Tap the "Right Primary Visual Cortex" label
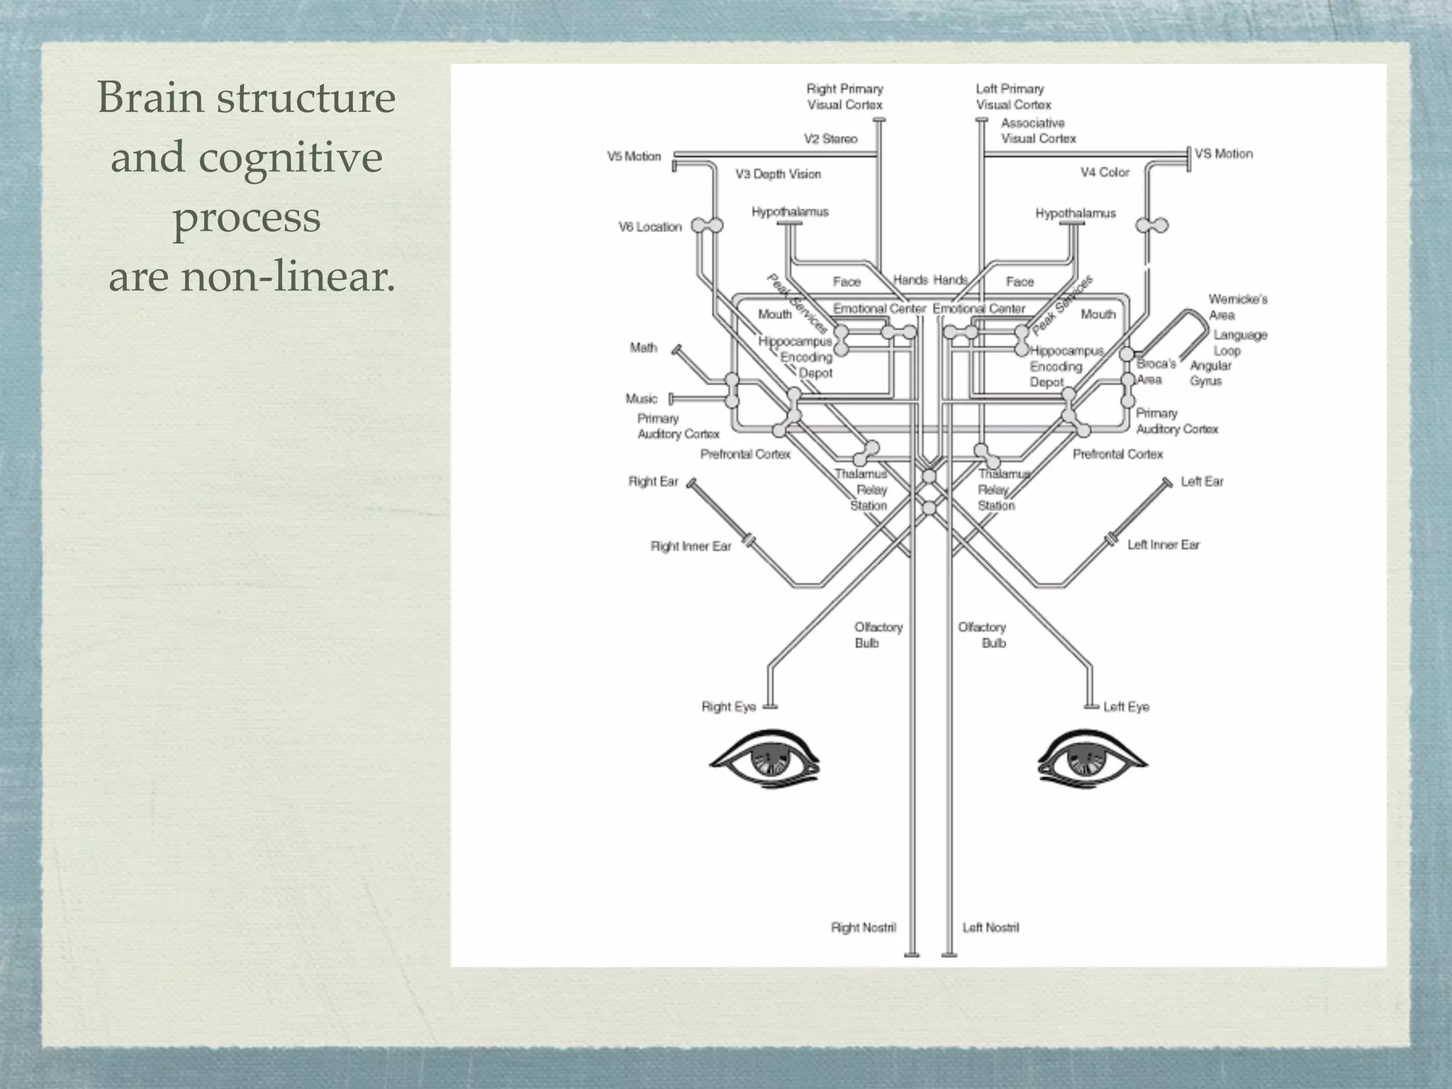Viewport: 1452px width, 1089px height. click(844, 97)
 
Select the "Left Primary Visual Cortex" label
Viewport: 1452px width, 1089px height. click(1012, 97)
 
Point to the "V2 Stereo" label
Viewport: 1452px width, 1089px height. click(830, 139)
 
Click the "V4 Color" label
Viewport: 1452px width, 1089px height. click(1105, 172)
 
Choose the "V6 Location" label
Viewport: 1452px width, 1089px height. click(649, 228)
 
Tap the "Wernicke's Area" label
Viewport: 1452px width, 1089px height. click(1237, 307)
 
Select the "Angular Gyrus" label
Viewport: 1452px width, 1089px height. click(1210, 373)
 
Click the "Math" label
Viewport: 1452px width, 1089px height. click(643, 347)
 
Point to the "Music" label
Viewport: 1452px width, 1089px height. click(641, 398)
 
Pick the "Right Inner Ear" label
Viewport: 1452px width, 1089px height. click(691, 547)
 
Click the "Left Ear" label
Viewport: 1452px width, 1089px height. click(1202, 481)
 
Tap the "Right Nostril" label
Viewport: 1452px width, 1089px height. click(863, 927)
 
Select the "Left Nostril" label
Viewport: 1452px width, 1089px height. click(990, 927)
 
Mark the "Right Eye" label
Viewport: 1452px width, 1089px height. click(728, 707)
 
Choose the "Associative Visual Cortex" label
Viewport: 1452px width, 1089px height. click(1037, 131)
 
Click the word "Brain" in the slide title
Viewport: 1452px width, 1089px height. click(150, 97)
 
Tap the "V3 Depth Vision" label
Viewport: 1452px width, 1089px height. click(778, 174)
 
